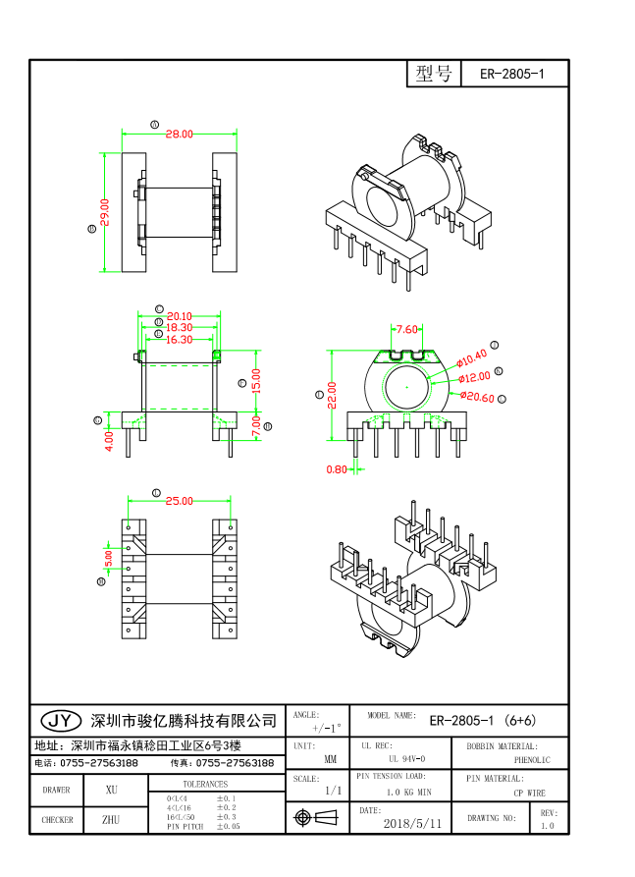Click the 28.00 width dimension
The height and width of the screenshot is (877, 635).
(179, 134)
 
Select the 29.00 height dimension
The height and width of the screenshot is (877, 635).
(105, 212)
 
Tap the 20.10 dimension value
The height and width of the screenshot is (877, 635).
(179, 316)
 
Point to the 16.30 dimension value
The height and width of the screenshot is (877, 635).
(179, 340)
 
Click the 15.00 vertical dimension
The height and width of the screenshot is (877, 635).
(257, 380)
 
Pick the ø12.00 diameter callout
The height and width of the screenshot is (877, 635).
(474, 377)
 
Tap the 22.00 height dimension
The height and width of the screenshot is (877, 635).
(333, 395)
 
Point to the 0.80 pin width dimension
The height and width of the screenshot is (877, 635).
(336, 469)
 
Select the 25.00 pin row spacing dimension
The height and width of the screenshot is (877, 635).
(179, 501)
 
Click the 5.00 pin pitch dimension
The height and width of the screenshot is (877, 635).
(109, 558)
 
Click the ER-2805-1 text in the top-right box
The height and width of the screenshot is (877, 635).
(511, 75)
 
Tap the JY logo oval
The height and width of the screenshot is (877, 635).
(59, 721)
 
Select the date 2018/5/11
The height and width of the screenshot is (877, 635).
(411, 822)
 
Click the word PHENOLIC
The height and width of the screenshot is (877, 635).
(532, 759)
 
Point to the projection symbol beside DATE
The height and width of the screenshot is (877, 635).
(315, 817)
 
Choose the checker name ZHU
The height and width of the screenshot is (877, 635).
(111, 818)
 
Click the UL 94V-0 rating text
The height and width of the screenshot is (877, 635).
(406, 759)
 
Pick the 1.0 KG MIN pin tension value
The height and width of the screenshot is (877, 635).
(408, 792)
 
